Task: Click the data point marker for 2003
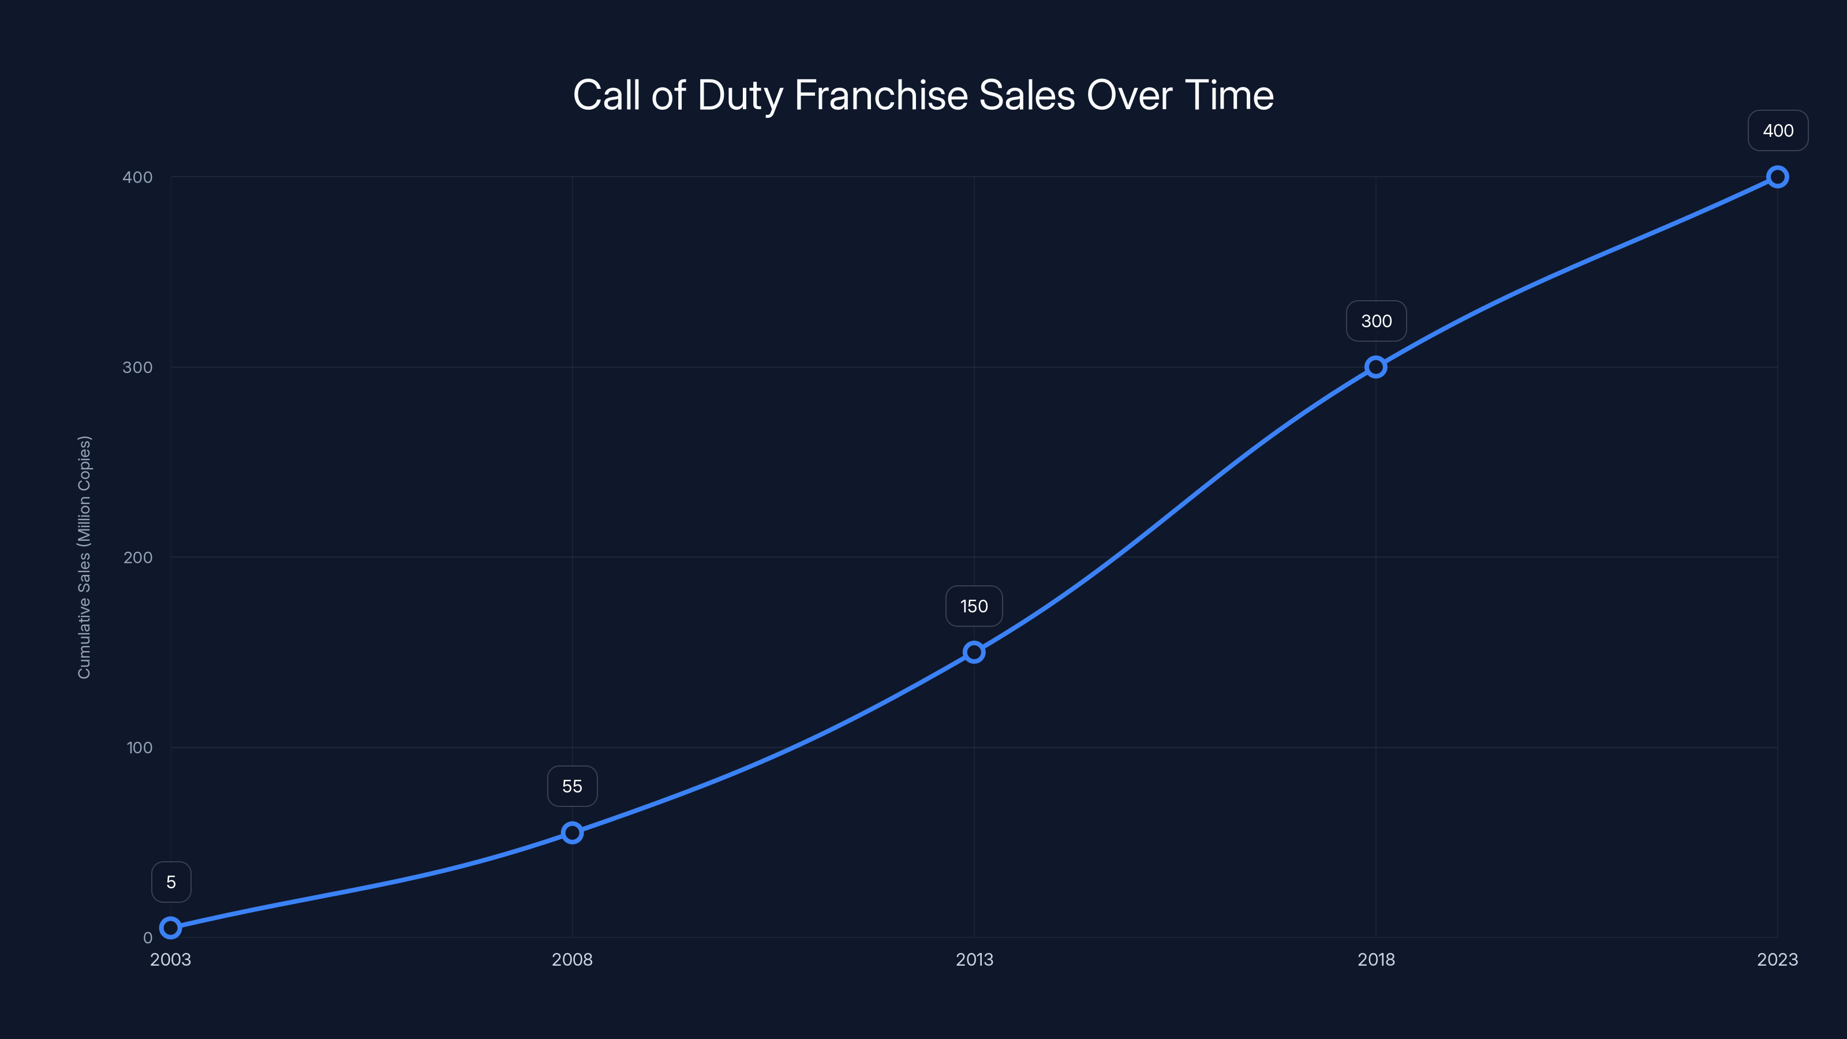pyautogui.click(x=171, y=928)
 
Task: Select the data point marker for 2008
pyautogui.click(x=572, y=832)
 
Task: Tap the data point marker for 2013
pyautogui.click(x=974, y=652)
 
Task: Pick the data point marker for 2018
pyautogui.click(x=1376, y=367)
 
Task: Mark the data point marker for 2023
pyautogui.click(x=1778, y=177)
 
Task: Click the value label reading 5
pyautogui.click(x=171, y=882)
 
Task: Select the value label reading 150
pyautogui.click(x=974, y=607)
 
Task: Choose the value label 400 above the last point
pyautogui.click(x=1778, y=130)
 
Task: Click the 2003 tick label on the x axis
pyautogui.click(x=171, y=959)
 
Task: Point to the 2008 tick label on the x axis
pyautogui.click(x=572, y=959)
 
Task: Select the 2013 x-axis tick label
pyautogui.click(x=974, y=959)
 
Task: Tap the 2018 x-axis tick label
pyautogui.click(x=1376, y=959)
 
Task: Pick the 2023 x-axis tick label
pyautogui.click(x=1778, y=959)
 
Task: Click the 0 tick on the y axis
pyautogui.click(x=148, y=938)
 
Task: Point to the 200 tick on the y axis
pyautogui.click(x=138, y=557)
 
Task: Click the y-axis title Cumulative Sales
pyautogui.click(x=85, y=556)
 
